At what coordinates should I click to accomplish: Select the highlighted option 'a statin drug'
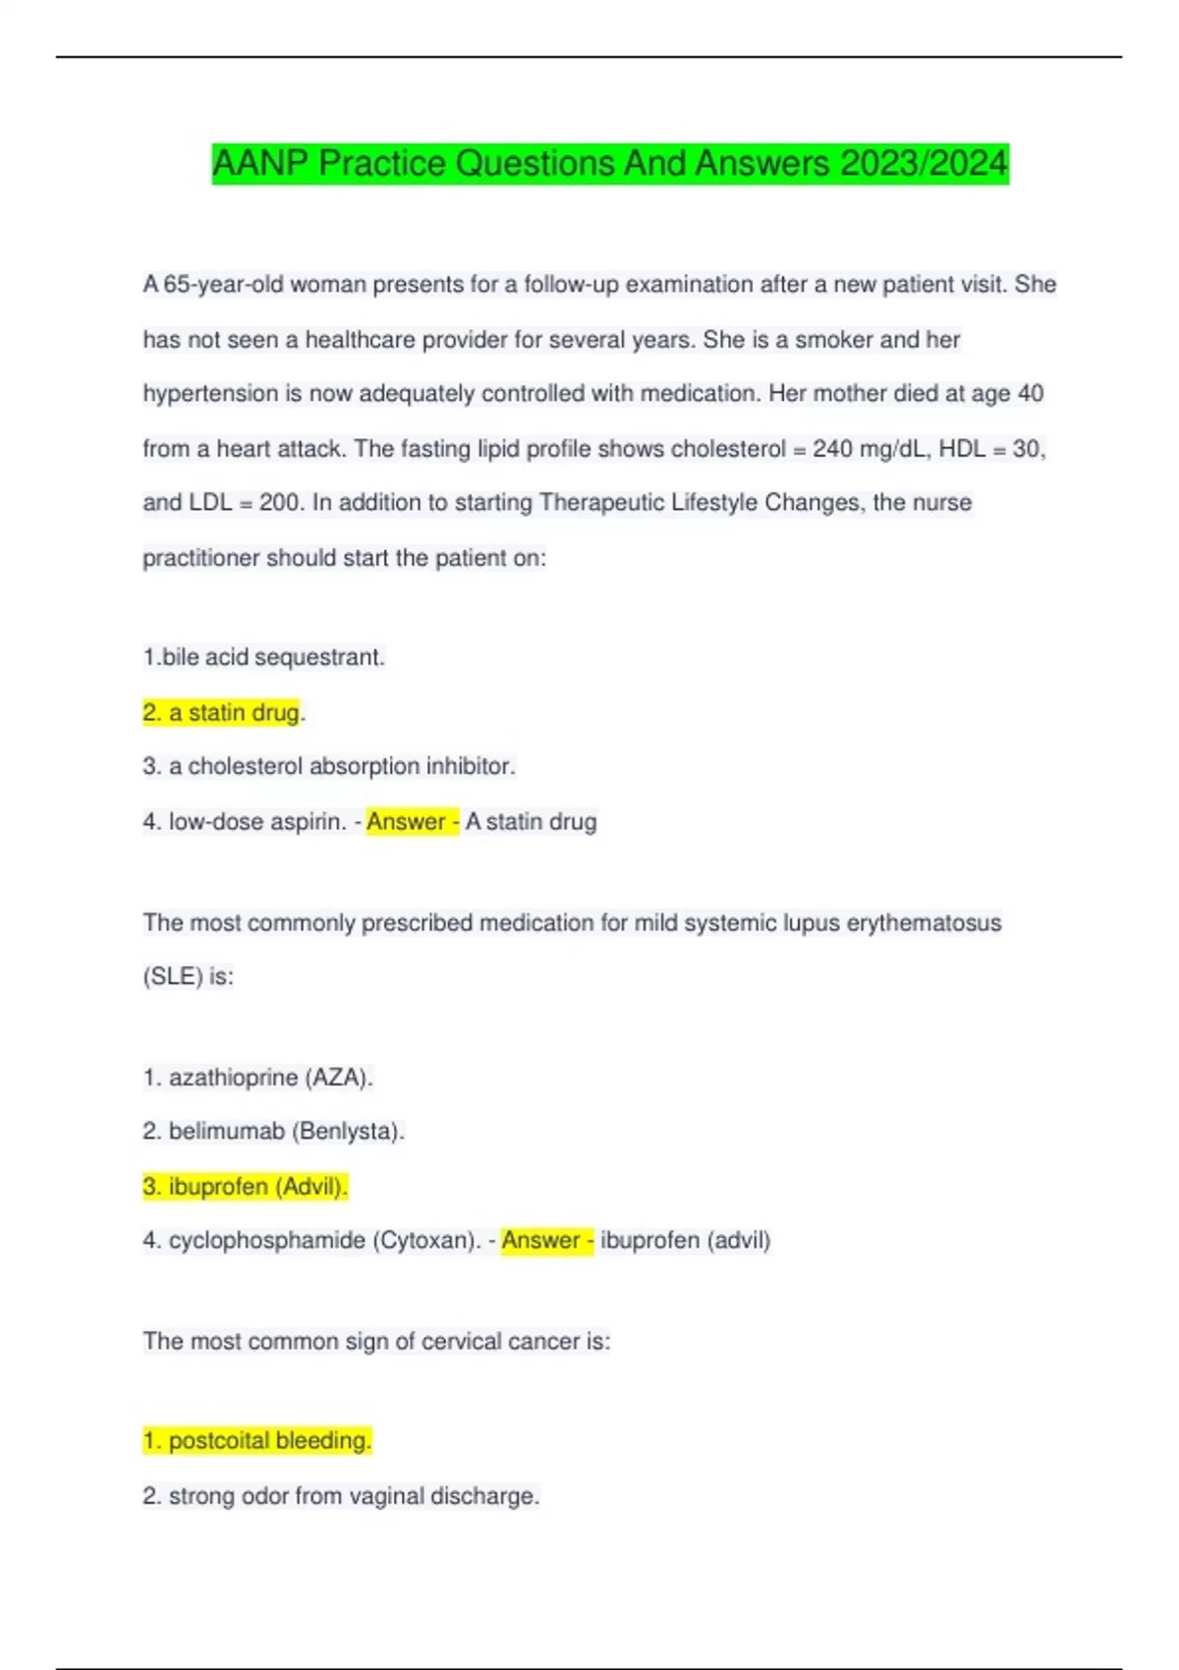(223, 712)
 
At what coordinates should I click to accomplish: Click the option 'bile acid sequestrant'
(263, 657)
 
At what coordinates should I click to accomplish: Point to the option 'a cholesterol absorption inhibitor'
(329, 766)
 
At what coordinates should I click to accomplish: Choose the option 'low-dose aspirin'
(245, 821)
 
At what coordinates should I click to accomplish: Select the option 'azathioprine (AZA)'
(257, 1078)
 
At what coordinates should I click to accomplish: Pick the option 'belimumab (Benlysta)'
(273, 1132)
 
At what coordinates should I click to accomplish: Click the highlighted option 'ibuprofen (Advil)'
(246, 1187)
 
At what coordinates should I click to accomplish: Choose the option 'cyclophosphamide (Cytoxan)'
(311, 1241)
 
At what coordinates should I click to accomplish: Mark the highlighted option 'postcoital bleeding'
(257, 1441)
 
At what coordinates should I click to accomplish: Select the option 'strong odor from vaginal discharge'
(341, 1496)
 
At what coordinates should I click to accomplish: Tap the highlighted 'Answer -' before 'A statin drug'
(412, 821)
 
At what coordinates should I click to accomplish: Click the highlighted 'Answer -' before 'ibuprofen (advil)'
(546, 1241)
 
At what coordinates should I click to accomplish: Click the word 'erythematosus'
(924, 923)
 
